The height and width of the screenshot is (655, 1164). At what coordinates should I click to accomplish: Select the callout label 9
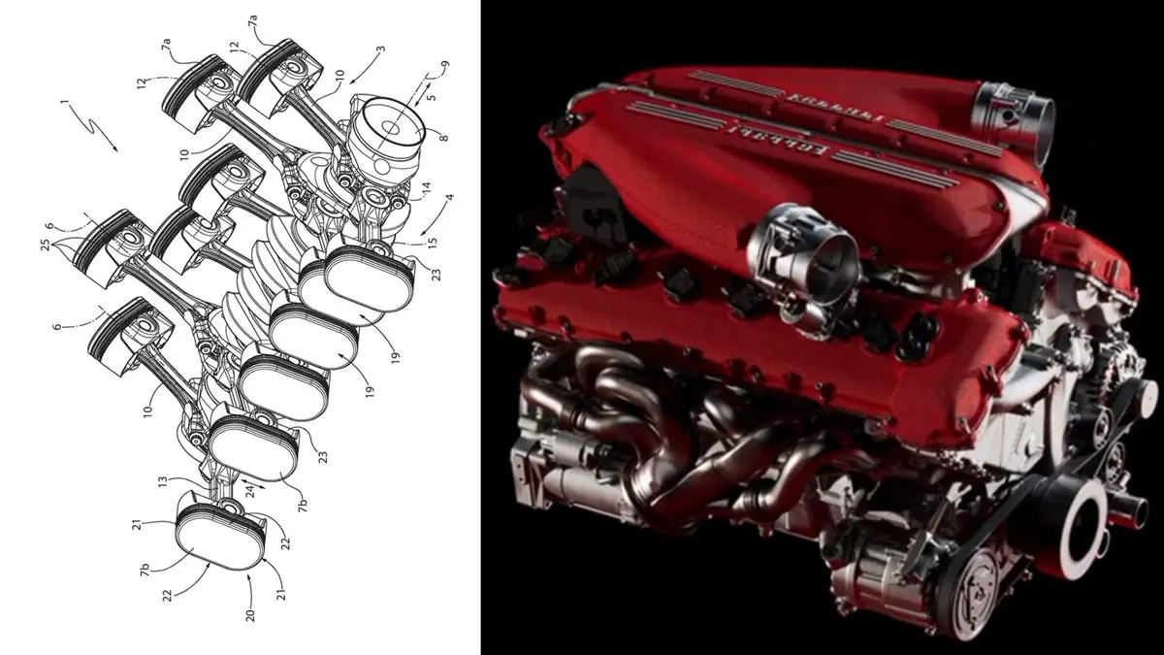(444, 67)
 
